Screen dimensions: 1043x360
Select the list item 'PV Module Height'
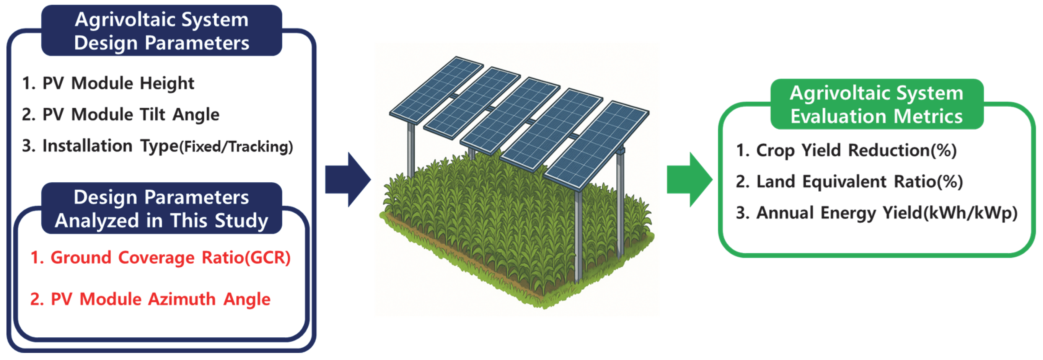(x=108, y=83)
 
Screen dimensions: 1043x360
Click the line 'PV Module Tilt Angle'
(x=121, y=115)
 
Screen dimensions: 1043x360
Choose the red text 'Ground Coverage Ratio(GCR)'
(x=161, y=258)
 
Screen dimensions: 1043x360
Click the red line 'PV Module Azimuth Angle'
(x=150, y=299)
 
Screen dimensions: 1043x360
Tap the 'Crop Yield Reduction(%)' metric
(x=846, y=150)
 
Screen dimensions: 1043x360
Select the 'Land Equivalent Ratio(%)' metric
(x=849, y=181)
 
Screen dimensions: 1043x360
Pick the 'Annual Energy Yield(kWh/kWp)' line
(x=877, y=213)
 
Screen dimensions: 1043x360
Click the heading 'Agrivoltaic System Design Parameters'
(x=161, y=31)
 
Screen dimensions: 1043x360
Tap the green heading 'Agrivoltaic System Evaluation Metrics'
(x=877, y=104)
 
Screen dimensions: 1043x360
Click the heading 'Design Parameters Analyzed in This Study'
(x=161, y=209)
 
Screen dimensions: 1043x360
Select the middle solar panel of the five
(x=510, y=115)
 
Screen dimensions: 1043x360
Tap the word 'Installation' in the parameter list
(x=87, y=146)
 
